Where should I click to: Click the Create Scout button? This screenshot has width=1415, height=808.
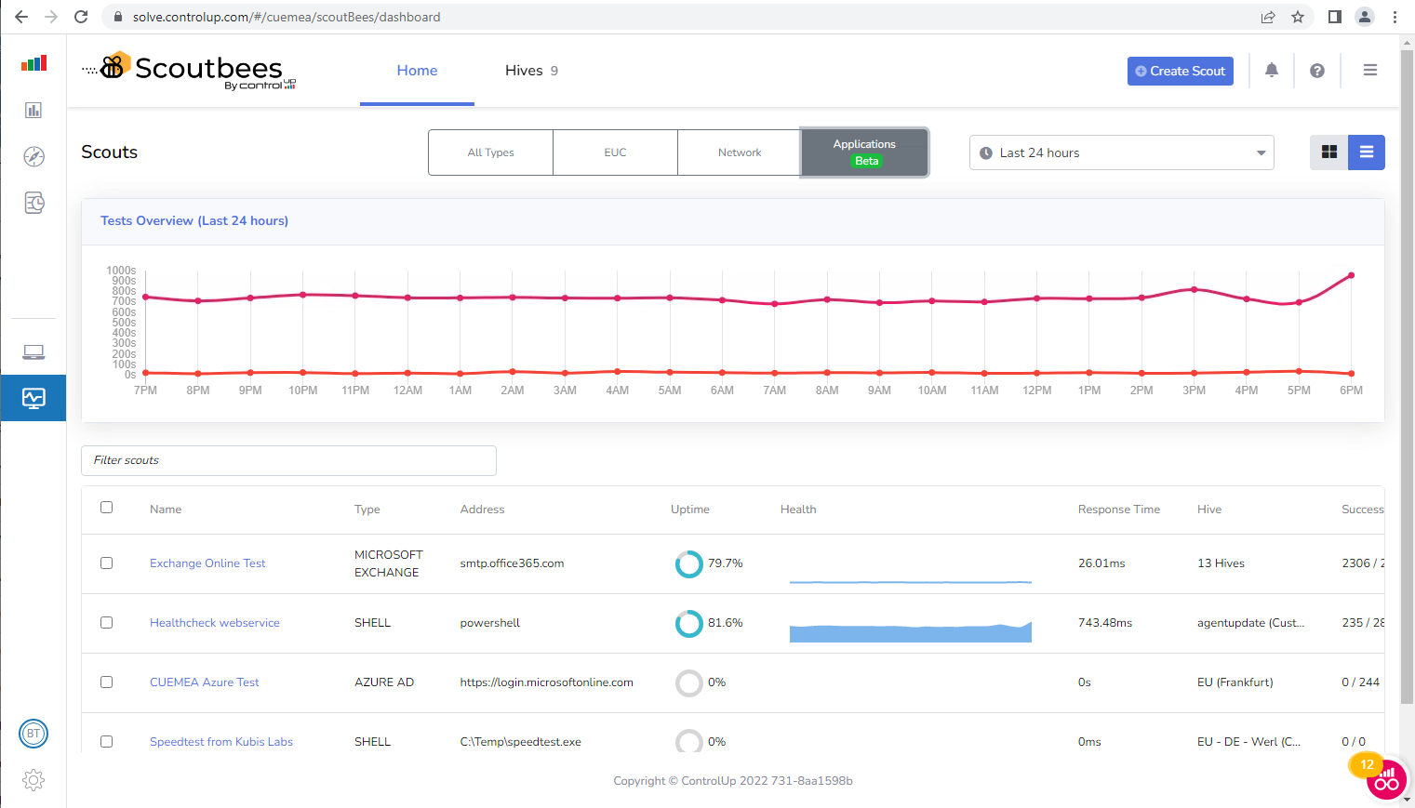point(1180,71)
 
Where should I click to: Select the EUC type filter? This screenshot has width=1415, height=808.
point(615,152)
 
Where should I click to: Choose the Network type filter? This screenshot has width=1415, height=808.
point(739,152)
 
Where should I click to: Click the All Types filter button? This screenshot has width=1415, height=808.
point(490,152)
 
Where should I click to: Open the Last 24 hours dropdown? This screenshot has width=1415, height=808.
point(1121,152)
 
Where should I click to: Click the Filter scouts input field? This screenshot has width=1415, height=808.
point(288,460)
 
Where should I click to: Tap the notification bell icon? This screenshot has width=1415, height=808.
point(1271,71)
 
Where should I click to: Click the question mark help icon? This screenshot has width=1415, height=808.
point(1316,71)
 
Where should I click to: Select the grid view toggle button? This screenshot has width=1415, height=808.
point(1328,152)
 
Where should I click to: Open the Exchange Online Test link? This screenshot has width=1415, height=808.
point(207,563)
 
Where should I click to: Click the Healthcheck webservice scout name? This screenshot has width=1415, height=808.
point(214,623)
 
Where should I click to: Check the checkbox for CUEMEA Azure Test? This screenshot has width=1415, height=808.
point(107,682)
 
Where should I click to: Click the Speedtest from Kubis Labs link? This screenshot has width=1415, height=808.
point(221,742)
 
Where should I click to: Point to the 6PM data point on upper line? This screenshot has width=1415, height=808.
point(1351,275)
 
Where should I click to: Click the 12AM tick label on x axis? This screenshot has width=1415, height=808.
point(407,391)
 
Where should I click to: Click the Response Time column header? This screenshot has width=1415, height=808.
point(1118,510)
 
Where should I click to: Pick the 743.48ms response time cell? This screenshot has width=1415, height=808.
point(1104,623)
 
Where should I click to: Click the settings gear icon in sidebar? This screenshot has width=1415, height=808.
point(33,780)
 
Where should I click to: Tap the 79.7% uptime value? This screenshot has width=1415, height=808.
point(725,563)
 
